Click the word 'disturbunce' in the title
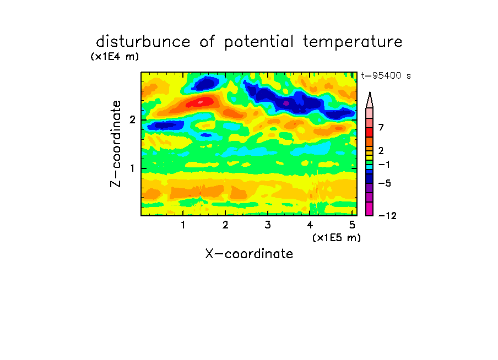pos(143,42)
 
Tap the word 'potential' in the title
pos(259,42)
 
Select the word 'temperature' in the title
pos(353,42)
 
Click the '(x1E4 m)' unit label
pos(115,57)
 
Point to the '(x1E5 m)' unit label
pos(337,238)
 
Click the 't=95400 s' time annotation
pos(386,75)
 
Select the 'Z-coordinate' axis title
pos(116,144)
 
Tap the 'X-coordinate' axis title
pos(249,254)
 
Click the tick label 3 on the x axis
pos(268,225)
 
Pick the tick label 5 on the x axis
pos(352,225)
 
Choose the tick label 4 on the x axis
pos(310,225)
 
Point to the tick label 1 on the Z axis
pos(132,168)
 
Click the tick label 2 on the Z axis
pos(132,120)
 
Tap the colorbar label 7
pos(381,128)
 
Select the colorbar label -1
pos(384,165)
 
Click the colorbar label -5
pos(385,183)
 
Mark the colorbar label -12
pos(387,216)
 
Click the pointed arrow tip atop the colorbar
pos(370,92)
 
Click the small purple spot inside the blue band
pos(286,103)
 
